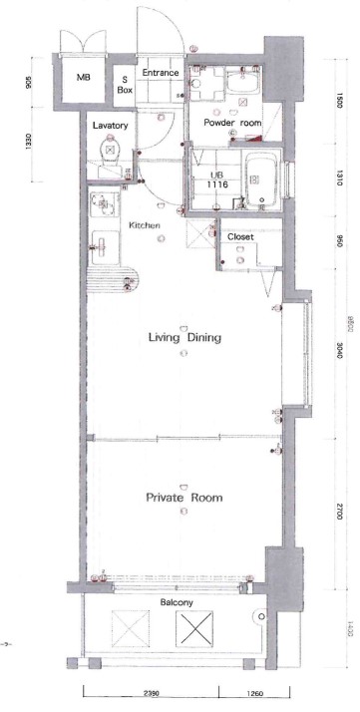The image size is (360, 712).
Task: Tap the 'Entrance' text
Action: click(x=160, y=74)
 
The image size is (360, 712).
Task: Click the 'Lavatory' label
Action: click(x=109, y=127)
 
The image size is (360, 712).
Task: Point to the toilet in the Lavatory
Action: click(x=109, y=151)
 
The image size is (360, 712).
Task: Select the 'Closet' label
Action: click(x=240, y=237)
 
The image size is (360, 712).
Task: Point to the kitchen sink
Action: click(x=102, y=206)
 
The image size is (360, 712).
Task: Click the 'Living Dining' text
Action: click(x=185, y=338)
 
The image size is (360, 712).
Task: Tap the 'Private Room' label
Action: click(x=183, y=498)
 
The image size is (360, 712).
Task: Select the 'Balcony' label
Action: click(x=177, y=603)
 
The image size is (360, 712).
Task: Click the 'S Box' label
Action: click(x=127, y=83)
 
